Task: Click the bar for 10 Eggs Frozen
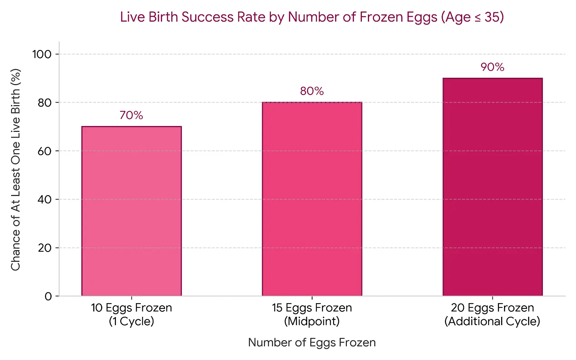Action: tap(131, 211)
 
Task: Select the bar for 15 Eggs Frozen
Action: tap(312, 199)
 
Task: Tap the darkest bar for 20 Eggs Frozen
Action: tap(493, 187)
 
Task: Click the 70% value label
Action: tap(131, 115)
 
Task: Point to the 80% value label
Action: tap(312, 91)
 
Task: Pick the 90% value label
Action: tap(492, 67)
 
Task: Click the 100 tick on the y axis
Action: tap(42, 54)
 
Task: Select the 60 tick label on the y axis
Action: tap(45, 151)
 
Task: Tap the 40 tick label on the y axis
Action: tap(45, 199)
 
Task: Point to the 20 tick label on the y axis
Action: tap(45, 248)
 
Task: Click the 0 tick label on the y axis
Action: tap(48, 297)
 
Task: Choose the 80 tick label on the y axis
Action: tap(45, 103)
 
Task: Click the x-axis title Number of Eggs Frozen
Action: tap(312, 342)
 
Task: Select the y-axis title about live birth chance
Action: tap(15, 170)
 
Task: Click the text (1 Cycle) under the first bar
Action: tap(131, 321)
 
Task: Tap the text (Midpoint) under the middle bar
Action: tap(312, 321)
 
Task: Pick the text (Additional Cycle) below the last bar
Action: tap(492, 321)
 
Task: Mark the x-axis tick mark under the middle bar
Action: tap(312, 298)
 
